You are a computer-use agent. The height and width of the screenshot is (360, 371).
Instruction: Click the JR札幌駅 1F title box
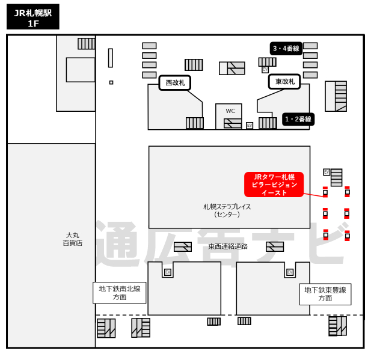pyautogui.click(x=33, y=17)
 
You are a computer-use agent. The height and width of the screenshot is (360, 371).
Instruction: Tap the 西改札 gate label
pyautogui.click(x=175, y=83)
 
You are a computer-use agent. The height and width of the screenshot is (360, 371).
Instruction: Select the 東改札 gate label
pyautogui.click(x=284, y=82)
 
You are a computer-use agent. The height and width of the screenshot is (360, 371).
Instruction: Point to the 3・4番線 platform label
pyautogui.click(x=286, y=49)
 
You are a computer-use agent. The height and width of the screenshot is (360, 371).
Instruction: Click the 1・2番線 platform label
pyautogui.click(x=298, y=119)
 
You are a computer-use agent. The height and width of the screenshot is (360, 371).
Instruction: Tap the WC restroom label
pyautogui.click(x=230, y=111)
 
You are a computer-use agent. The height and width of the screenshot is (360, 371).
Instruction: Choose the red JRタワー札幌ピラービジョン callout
pyautogui.click(x=274, y=185)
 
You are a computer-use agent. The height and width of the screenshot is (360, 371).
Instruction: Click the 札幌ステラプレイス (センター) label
pyautogui.click(x=227, y=210)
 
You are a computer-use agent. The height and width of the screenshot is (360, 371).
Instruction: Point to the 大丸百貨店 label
pyautogui.click(x=73, y=239)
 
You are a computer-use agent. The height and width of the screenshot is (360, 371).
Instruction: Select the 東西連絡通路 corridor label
pyautogui.click(x=228, y=246)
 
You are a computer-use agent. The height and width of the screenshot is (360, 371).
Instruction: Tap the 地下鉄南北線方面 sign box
pyautogui.click(x=120, y=293)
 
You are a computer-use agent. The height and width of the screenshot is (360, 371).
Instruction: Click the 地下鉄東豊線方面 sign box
pyautogui.click(x=325, y=294)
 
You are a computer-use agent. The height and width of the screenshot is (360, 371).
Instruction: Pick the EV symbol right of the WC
pyautogui.click(x=250, y=126)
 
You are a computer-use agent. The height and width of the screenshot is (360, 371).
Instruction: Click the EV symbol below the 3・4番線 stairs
pyautogui.click(x=265, y=70)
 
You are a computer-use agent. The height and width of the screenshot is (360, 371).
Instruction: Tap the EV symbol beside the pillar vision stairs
pyautogui.click(x=327, y=172)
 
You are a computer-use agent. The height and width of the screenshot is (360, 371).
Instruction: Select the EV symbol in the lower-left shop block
pyautogui.click(x=168, y=272)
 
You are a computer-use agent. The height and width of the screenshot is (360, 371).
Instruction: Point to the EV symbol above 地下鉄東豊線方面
pyautogui.click(x=290, y=272)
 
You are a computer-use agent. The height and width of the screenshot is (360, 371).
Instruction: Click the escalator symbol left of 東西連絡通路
pyautogui.click(x=183, y=246)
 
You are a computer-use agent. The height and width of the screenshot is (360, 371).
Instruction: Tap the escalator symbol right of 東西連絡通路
pyautogui.click(x=275, y=246)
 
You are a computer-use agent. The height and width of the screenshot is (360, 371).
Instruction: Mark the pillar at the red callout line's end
pyautogui.click(x=325, y=192)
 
